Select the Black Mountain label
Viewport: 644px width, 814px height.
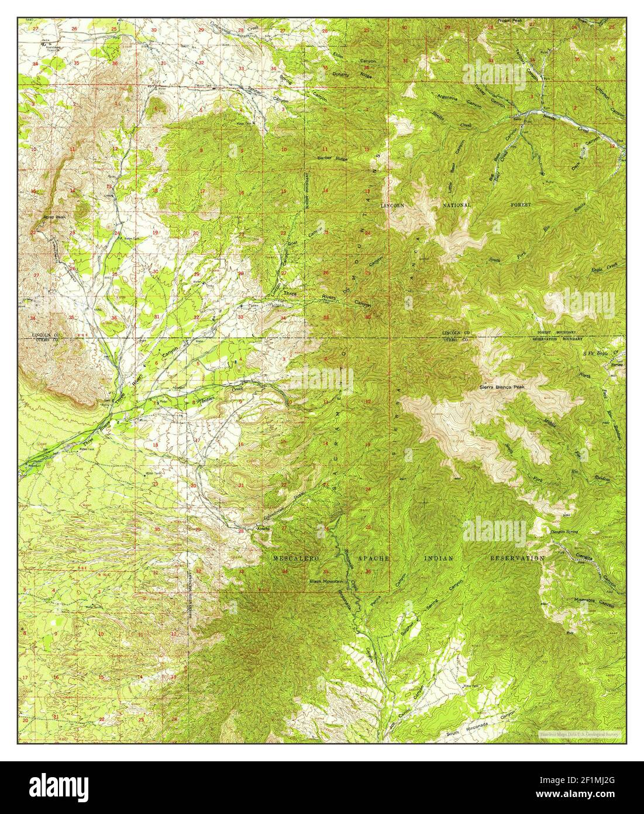[x=327, y=582]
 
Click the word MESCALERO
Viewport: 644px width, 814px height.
[x=297, y=559]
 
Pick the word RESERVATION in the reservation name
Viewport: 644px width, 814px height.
[x=516, y=559]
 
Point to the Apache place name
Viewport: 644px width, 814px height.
[x=263, y=529]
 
